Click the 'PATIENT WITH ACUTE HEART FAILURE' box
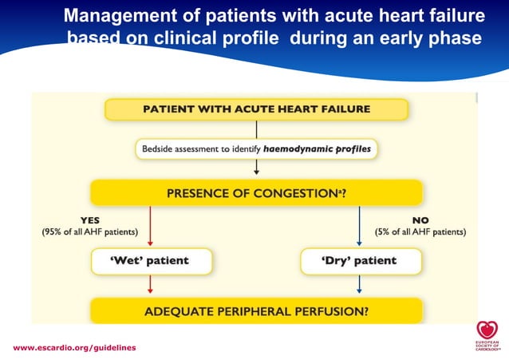pyautogui.click(x=255, y=108)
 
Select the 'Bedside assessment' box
pyautogui.click(x=255, y=148)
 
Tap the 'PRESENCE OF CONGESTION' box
pyautogui.click(x=255, y=192)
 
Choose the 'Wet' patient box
pyautogui.click(x=151, y=261)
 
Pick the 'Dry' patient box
pyautogui.click(x=359, y=261)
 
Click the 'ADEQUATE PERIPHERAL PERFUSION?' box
pyautogui.click(x=255, y=311)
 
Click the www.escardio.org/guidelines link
pyautogui.click(x=74, y=348)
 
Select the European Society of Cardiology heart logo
pyautogui.click(x=485, y=330)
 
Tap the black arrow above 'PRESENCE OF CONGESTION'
pyautogui.click(x=256, y=167)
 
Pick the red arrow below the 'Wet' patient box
pyautogui.click(x=151, y=285)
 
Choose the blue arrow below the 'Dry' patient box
pyautogui.click(x=359, y=285)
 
